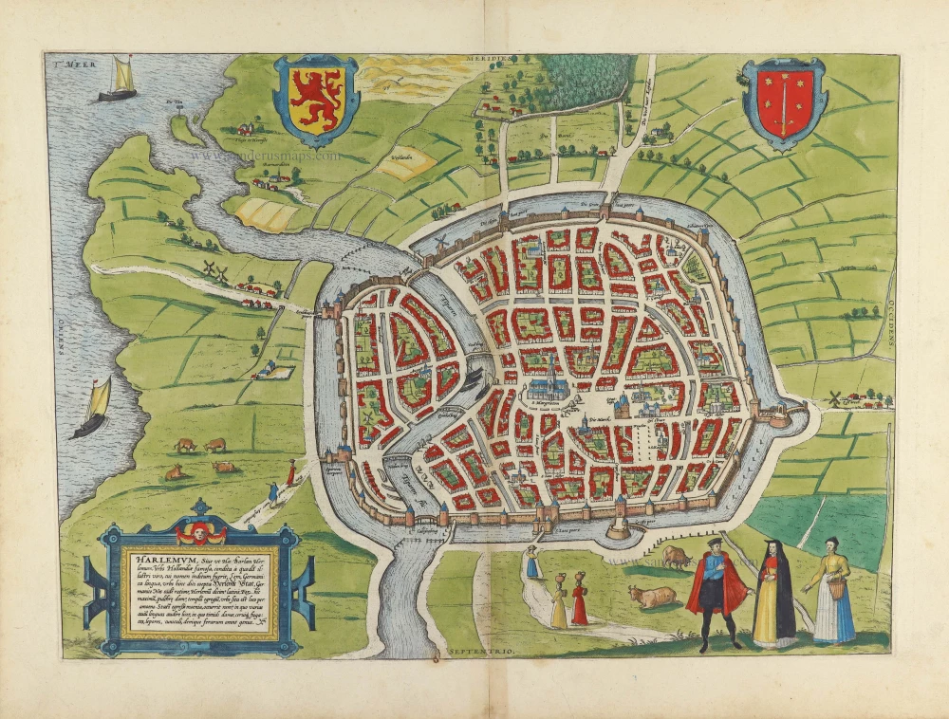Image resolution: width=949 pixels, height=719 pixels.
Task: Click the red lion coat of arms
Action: click(x=315, y=99)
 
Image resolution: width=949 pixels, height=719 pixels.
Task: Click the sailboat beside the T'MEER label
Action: click(x=117, y=79)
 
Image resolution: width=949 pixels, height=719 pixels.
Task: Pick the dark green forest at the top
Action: click(x=585, y=80)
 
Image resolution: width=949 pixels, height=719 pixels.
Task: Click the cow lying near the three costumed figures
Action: click(x=651, y=597)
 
